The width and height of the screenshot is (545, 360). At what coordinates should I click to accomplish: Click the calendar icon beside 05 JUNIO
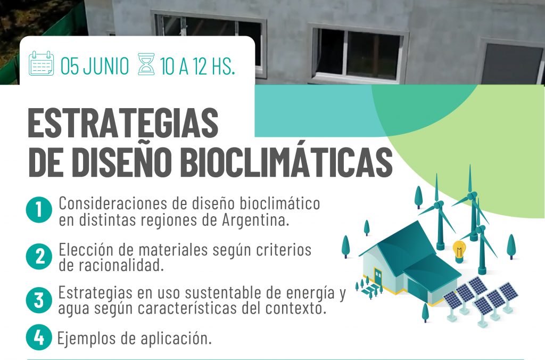[x=42, y=63]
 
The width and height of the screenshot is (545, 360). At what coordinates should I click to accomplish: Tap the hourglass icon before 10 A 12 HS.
[x=146, y=64]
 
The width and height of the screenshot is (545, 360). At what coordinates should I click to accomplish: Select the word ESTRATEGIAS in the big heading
[x=123, y=123]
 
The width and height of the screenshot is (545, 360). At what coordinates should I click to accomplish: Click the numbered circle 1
[x=39, y=210]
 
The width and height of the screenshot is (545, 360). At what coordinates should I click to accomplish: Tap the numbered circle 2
[x=39, y=256]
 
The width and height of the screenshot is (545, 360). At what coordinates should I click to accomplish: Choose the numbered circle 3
[x=39, y=300]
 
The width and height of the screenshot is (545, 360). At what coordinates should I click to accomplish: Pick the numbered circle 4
[x=39, y=337]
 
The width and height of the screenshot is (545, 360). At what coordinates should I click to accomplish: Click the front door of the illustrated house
[x=378, y=275]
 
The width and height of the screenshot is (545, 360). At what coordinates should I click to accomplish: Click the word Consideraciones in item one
[x=113, y=203]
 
